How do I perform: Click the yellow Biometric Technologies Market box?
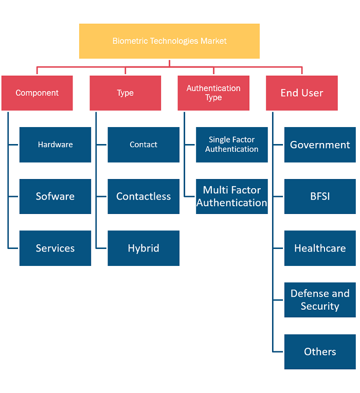pyautogui.click(x=169, y=41)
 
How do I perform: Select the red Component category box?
pyautogui.click(x=37, y=93)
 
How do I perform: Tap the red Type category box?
pyautogui.click(x=125, y=93)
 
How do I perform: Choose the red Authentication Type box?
pyautogui.click(x=213, y=93)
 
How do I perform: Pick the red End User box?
pyautogui.click(x=302, y=93)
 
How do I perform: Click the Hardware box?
pyautogui.click(x=56, y=145)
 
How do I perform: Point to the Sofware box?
pyautogui.click(x=56, y=196)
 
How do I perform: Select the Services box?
pyautogui.click(x=56, y=248)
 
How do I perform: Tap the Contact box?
pyautogui.click(x=143, y=145)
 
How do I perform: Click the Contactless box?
pyautogui.click(x=143, y=196)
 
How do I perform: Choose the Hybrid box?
pyautogui.click(x=143, y=248)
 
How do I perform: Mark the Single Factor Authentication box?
pyautogui.click(x=232, y=145)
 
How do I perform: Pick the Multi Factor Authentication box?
pyautogui.click(x=232, y=196)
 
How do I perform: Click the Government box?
pyautogui.click(x=320, y=145)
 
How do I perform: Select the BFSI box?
pyautogui.click(x=320, y=196)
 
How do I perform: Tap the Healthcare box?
pyautogui.click(x=320, y=248)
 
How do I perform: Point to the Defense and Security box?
pyautogui.click(x=320, y=300)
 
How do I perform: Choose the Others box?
pyautogui.click(x=320, y=352)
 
